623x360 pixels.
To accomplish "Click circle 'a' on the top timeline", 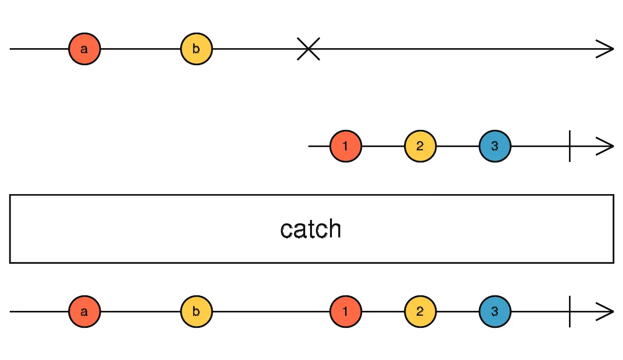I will pos(84,49).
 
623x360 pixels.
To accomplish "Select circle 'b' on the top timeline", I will pos(196,49).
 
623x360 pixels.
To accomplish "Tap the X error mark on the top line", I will pos(309,49).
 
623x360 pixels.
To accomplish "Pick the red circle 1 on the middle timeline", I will pos(346,146).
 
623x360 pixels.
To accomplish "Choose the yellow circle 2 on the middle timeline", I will pos(420,146).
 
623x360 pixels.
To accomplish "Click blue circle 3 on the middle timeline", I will pos(495,146).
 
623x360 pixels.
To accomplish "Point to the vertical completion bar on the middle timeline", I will pos(569,146).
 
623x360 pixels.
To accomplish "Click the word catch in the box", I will pos(311,229).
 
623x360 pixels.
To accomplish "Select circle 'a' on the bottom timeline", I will pos(84,311).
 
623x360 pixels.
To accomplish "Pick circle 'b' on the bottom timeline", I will pos(196,311).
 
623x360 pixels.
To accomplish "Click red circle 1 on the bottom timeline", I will pos(346,311).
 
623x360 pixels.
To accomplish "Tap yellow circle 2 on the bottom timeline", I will pos(420,311).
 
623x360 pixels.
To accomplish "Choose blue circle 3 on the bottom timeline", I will pos(495,311).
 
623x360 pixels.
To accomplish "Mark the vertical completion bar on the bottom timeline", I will pos(569,311).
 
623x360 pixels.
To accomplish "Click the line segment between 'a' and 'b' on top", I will pos(140,49).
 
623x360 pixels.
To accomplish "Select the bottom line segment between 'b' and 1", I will pos(271,311).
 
